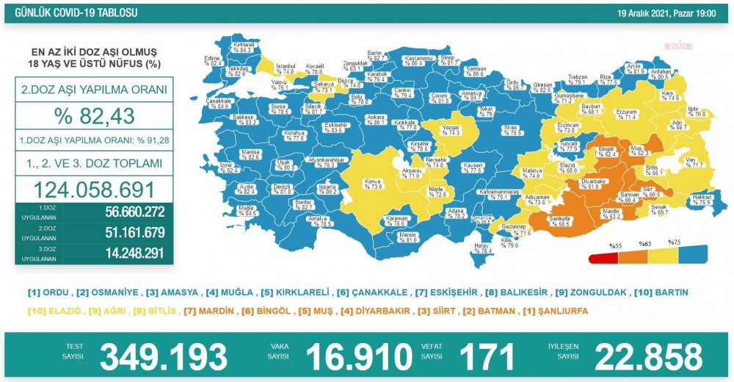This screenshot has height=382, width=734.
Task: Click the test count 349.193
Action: pyautogui.click(x=163, y=356)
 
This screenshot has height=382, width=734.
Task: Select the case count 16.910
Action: pyautogui.click(x=358, y=356)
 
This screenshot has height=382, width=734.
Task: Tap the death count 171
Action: pyautogui.click(x=486, y=356)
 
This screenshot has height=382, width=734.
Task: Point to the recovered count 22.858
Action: pyautogui.click(x=648, y=356)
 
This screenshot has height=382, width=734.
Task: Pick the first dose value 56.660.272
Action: pyautogui.click(x=126, y=213)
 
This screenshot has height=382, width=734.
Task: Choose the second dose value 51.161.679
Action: pyautogui.click(x=126, y=234)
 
